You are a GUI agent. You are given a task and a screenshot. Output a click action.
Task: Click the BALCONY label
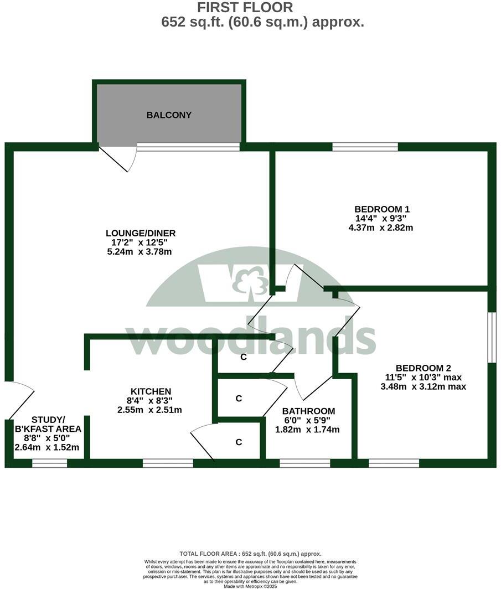point(169,115)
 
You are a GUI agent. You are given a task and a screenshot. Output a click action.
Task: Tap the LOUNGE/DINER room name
point(141,233)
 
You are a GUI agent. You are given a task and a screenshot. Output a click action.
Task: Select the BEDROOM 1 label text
point(381,209)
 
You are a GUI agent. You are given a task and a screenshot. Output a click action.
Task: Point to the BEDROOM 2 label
point(423,368)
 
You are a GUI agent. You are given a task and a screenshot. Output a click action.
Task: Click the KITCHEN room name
point(151,391)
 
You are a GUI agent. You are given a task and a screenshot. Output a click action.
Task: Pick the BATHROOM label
point(308,411)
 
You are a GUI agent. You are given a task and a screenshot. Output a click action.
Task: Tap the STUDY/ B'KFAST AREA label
point(48,424)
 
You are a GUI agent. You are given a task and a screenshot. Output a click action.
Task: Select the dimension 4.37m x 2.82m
point(381,228)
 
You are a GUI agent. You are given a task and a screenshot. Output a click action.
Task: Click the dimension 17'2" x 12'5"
point(141,242)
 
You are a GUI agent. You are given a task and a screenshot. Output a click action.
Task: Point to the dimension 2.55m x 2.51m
point(149,410)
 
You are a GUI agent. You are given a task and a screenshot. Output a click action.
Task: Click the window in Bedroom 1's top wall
point(365,147)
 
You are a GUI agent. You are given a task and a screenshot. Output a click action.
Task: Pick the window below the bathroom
point(304,463)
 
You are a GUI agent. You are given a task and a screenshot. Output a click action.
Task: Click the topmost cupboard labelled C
point(243,357)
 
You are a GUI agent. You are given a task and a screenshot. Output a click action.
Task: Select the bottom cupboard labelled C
point(239,442)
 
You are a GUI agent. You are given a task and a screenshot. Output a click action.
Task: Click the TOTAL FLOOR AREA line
point(250,554)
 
